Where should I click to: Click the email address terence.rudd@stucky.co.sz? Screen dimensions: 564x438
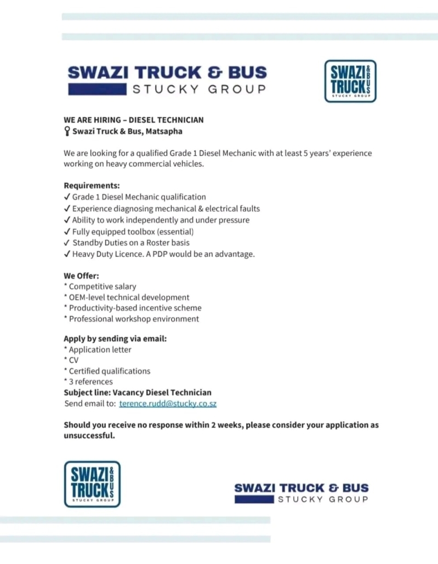click(168, 404)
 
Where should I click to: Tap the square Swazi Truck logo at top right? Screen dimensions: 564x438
click(350, 81)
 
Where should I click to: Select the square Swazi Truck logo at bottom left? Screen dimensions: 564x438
click(92, 484)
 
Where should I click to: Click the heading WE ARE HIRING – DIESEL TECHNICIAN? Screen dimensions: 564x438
click(134, 120)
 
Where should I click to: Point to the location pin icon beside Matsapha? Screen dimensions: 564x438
click(67, 131)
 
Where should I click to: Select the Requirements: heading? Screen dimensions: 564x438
click(92, 186)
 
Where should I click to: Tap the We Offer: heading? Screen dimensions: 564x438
click(81, 276)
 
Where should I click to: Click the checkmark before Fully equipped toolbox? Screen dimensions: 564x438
click(67, 232)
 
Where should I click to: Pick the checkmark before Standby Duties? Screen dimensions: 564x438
click(67, 243)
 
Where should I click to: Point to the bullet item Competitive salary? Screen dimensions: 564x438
click(103, 286)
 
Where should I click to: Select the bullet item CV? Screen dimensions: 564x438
click(73, 360)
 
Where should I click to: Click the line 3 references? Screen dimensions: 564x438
click(90, 382)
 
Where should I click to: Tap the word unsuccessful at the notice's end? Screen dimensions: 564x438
click(89, 436)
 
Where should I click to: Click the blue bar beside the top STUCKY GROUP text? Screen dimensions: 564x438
click(98, 89)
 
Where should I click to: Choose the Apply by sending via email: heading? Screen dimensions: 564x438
click(115, 339)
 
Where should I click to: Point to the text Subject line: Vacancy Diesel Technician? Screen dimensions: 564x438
click(138, 393)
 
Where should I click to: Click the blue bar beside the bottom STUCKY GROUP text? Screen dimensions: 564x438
click(254, 499)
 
